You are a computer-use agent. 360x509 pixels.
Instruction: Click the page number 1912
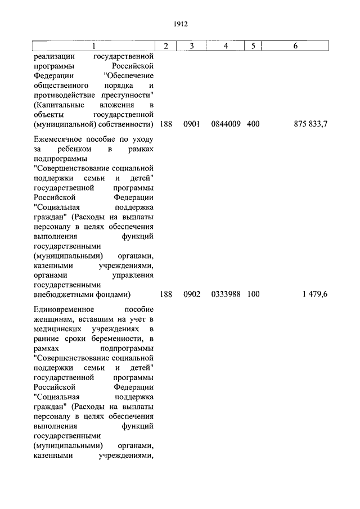pos(180,24)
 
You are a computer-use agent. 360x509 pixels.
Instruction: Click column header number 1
pos(93,46)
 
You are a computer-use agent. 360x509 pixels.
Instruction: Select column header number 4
pos(225,46)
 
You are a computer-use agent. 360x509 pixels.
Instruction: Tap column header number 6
pos(295,46)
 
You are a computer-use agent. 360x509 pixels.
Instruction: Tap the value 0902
pos(192,294)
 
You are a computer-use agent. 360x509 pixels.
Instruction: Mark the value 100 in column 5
pos(253,294)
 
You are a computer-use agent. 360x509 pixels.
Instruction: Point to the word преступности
pos(128,94)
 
